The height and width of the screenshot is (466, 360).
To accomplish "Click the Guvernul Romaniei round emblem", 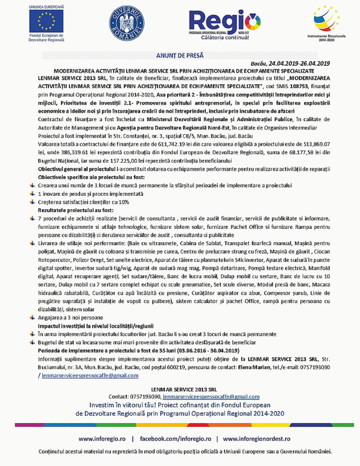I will [x=126, y=24].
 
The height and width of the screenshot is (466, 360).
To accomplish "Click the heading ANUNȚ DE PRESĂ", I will [x=180, y=55].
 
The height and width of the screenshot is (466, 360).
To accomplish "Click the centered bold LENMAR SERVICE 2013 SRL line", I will [x=180, y=388].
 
